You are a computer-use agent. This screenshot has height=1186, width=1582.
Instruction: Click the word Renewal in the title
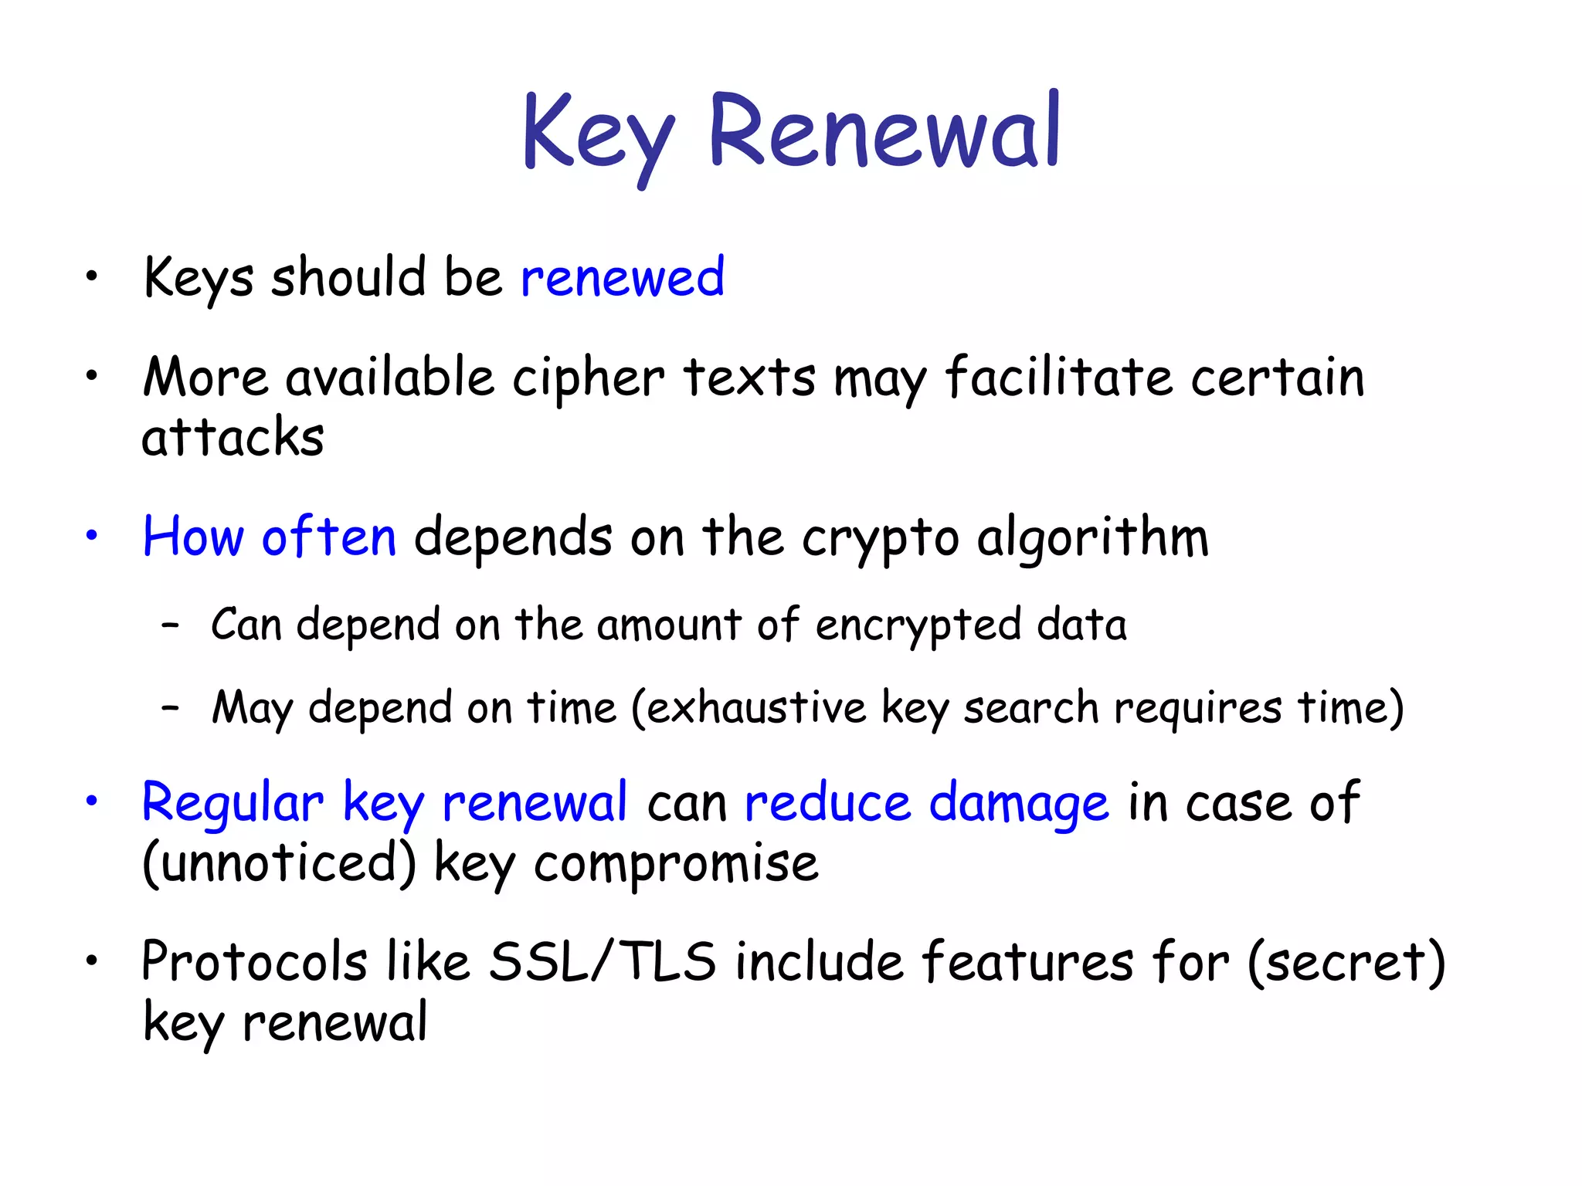click(884, 131)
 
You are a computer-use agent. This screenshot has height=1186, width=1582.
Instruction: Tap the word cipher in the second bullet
click(588, 378)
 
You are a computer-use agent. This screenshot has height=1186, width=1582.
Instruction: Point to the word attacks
click(233, 437)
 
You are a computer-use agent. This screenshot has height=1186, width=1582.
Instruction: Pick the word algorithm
click(1092, 537)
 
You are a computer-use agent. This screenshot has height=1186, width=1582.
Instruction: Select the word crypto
click(881, 539)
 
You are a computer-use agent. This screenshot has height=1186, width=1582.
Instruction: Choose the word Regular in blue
click(233, 804)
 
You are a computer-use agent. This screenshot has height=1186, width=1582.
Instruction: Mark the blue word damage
click(1019, 804)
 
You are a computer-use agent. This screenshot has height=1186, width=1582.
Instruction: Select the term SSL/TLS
click(603, 962)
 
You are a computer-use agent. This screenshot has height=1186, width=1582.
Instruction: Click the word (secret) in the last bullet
click(1346, 962)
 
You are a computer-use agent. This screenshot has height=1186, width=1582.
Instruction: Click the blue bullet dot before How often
click(92, 535)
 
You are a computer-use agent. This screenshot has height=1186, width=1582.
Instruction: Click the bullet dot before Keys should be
click(92, 276)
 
